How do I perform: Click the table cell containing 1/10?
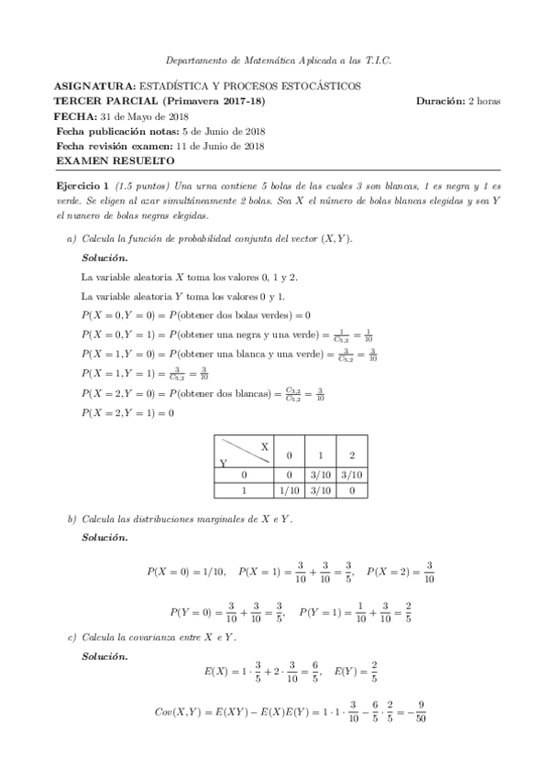click(288, 491)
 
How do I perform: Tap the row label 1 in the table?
click(245, 491)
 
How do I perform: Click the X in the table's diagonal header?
click(264, 445)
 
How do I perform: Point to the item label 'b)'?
click(71, 520)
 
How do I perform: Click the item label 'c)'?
click(71, 636)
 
